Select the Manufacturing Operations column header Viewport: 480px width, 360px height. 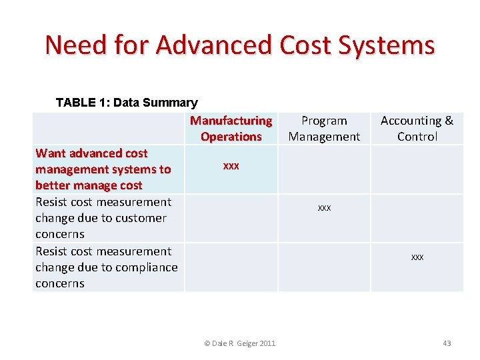231,129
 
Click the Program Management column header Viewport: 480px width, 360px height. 324,129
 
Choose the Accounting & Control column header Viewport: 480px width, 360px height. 417,129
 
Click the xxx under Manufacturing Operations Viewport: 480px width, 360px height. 231,165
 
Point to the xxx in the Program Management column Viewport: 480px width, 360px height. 324,208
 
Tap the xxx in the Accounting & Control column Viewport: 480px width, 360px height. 417,257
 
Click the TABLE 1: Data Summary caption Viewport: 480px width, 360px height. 127,103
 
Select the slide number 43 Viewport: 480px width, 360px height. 447,343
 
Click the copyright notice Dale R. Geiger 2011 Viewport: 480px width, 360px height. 239,343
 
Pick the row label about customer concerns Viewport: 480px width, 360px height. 103,218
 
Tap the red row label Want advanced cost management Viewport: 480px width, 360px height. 103,169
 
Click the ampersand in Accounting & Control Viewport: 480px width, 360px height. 448,121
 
